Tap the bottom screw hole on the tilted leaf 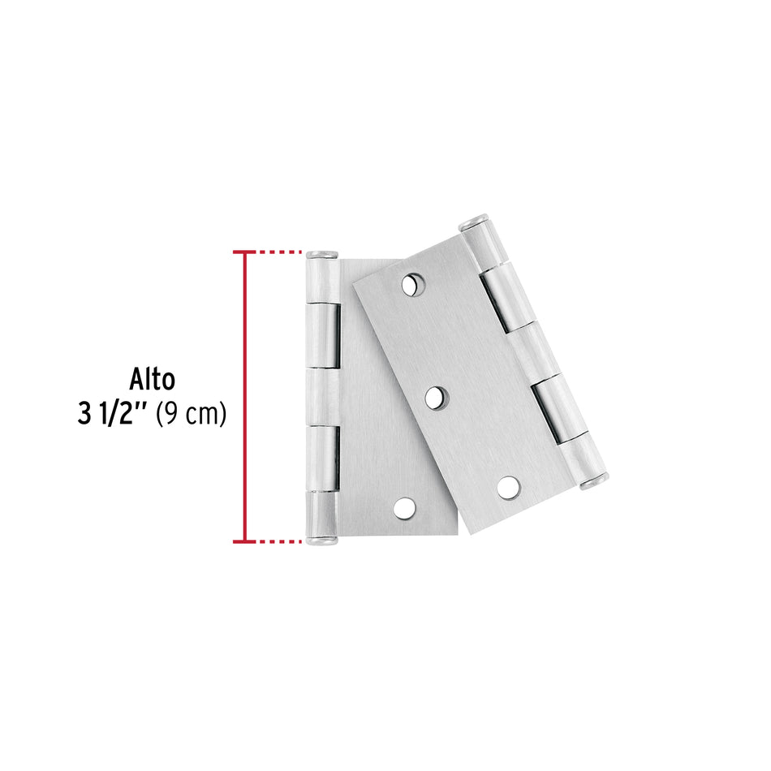pos(510,487)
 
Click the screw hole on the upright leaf pos(403,508)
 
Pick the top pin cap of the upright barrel pos(321,255)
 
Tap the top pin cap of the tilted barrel pos(473,222)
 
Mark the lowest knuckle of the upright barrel pos(321,513)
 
